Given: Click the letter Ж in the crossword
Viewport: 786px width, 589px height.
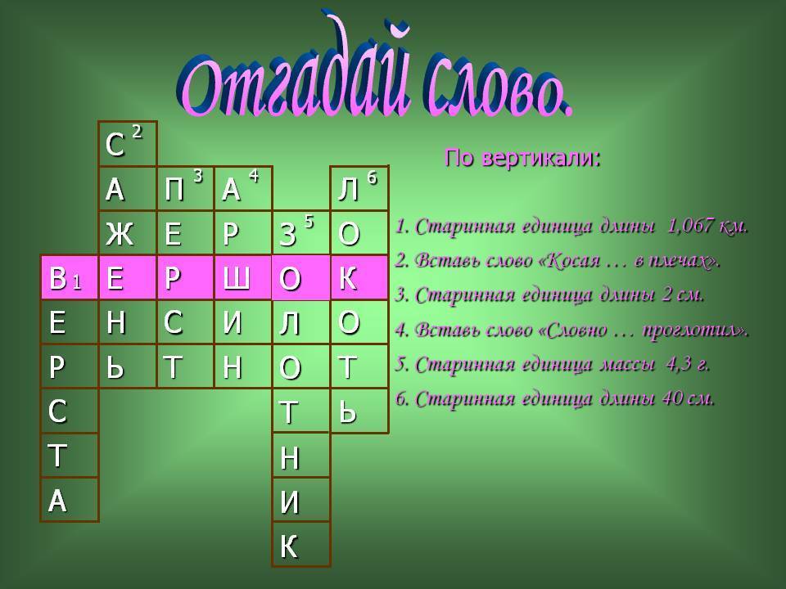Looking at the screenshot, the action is [120, 234].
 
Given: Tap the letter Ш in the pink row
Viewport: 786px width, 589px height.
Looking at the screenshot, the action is [236, 278].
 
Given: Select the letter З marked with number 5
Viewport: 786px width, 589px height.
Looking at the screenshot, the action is [287, 235].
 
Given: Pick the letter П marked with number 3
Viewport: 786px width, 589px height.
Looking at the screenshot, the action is [174, 191].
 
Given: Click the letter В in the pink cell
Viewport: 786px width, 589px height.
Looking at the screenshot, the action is [57, 278].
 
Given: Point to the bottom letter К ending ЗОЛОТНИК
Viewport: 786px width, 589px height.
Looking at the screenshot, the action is [289, 546].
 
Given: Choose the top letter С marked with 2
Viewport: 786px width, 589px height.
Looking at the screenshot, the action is [115, 146].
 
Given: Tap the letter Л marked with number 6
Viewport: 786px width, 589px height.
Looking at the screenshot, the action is [348, 191].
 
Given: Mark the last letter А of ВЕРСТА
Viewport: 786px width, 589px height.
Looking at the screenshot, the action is [57, 501].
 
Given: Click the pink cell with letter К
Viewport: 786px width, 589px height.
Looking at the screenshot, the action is [359, 278].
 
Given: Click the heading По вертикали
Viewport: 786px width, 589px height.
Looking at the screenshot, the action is [522, 158].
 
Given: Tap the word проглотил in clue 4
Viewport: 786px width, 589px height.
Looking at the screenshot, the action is [695, 330].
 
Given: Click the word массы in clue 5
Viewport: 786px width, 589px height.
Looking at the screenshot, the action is [627, 365].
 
